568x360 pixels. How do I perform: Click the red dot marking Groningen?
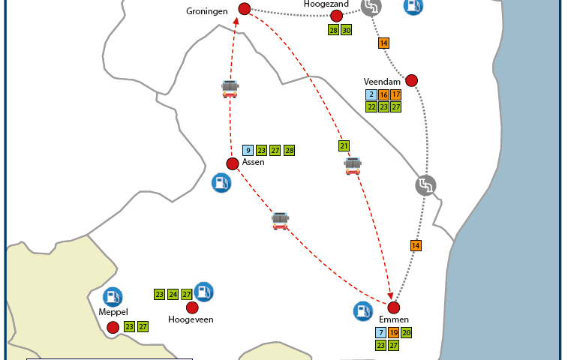coord(244,9)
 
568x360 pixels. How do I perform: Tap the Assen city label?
coord(254,162)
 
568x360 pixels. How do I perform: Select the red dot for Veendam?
coord(411,80)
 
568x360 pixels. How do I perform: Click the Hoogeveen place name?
coord(191,319)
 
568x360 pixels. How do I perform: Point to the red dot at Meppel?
coord(113,327)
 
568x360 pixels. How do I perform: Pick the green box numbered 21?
coord(344,145)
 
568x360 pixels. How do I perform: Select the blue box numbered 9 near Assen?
coord(248,151)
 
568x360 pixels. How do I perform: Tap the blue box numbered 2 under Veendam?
coord(371,95)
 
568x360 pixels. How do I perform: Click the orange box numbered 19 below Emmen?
coord(394,333)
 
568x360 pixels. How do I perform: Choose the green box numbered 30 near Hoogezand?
coord(346,30)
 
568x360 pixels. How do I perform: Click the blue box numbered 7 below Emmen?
coord(381,333)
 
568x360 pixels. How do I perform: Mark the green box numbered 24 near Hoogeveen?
coord(173,295)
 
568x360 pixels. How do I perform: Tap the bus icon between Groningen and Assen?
coord(230,88)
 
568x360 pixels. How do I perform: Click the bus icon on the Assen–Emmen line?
coord(280,220)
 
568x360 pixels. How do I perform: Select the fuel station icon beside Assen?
coord(221,182)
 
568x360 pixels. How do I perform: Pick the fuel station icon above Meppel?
coord(113,297)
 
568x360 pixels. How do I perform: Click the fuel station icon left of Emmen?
coord(363,310)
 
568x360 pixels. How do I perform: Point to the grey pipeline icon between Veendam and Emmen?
coord(425,185)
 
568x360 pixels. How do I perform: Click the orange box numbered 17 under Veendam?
coord(395,95)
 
